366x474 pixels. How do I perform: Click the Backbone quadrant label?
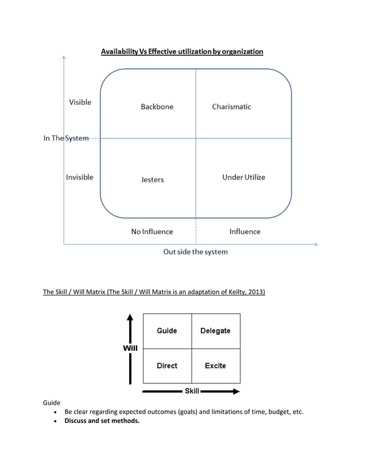point(157,107)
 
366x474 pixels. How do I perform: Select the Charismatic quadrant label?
point(231,107)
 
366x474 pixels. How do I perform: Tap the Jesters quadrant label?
point(153,180)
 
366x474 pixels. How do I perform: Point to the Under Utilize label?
point(244,177)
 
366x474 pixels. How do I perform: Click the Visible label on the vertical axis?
point(80,102)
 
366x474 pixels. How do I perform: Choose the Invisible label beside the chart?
point(79,177)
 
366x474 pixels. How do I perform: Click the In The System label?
point(66,138)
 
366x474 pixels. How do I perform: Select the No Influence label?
point(152,232)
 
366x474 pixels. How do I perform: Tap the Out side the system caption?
point(195,252)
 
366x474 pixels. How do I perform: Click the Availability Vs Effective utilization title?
point(182,52)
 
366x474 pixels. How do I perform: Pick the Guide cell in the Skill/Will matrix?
point(167,331)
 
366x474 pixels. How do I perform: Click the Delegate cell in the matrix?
point(215,331)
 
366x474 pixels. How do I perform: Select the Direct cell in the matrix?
point(167,366)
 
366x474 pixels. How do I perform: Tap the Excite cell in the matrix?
point(215,366)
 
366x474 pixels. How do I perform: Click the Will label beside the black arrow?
point(130,348)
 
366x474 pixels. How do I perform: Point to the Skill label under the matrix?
point(192,391)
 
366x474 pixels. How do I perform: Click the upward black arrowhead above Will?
point(130,317)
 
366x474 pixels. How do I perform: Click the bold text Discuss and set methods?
point(102,421)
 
